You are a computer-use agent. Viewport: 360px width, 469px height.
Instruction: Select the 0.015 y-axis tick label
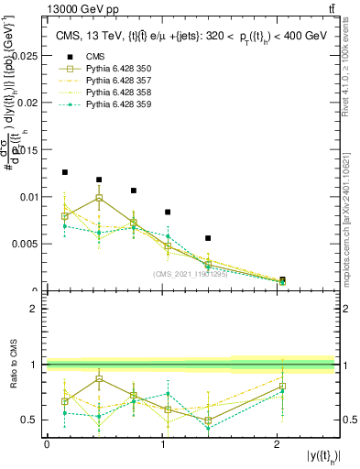click(28, 150)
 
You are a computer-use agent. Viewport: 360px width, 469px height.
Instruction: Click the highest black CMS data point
click(65, 172)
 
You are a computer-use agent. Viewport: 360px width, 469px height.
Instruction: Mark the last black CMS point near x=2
click(282, 279)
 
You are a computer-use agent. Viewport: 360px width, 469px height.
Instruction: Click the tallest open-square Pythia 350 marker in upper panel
click(99, 198)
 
